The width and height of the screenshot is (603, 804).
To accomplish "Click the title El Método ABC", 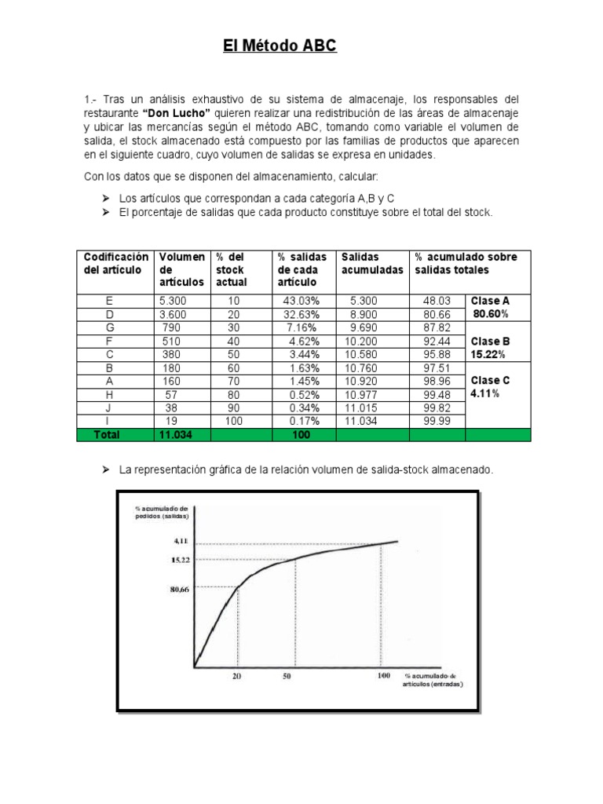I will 279,47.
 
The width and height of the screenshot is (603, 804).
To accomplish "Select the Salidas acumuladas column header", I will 372,263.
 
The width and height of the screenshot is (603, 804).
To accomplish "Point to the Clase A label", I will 490,301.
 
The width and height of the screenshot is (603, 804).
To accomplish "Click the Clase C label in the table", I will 490,380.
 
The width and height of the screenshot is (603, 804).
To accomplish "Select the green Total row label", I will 107,434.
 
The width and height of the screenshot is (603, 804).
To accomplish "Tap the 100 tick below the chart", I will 383,676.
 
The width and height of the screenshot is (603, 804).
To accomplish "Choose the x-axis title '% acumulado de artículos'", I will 433,680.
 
